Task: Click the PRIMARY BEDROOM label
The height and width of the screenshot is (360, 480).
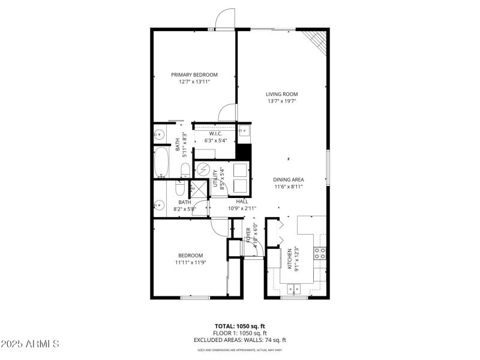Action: [x=194, y=75]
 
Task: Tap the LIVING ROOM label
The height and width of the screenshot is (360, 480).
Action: [x=282, y=94]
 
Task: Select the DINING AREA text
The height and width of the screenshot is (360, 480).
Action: [x=288, y=179]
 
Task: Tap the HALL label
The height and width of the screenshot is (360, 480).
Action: [x=242, y=201]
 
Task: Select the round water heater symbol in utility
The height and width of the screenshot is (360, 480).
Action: [x=203, y=170]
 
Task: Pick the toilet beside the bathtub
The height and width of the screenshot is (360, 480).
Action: [x=185, y=169]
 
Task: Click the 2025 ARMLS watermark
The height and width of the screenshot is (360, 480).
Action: [x=30, y=344]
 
